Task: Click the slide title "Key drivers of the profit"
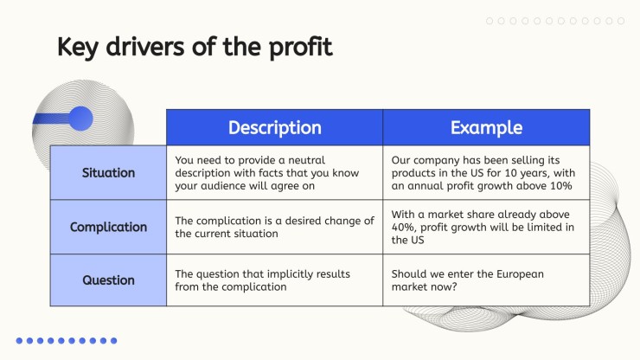(195, 47)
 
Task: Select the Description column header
(275, 127)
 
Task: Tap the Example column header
(486, 127)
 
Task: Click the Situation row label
(108, 173)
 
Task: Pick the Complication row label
(108, 227)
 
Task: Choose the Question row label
(108, 280)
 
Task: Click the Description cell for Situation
(275, 173)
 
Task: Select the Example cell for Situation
(486, 173)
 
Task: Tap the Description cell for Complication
(275, 227)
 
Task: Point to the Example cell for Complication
(486, 227)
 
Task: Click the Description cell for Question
(275, 280)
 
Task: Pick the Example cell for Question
(486, 280)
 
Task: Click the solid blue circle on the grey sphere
(80, 119)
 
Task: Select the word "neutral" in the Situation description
(306, 160)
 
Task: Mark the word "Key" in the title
(78, 48)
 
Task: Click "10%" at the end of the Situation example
(560, 186)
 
